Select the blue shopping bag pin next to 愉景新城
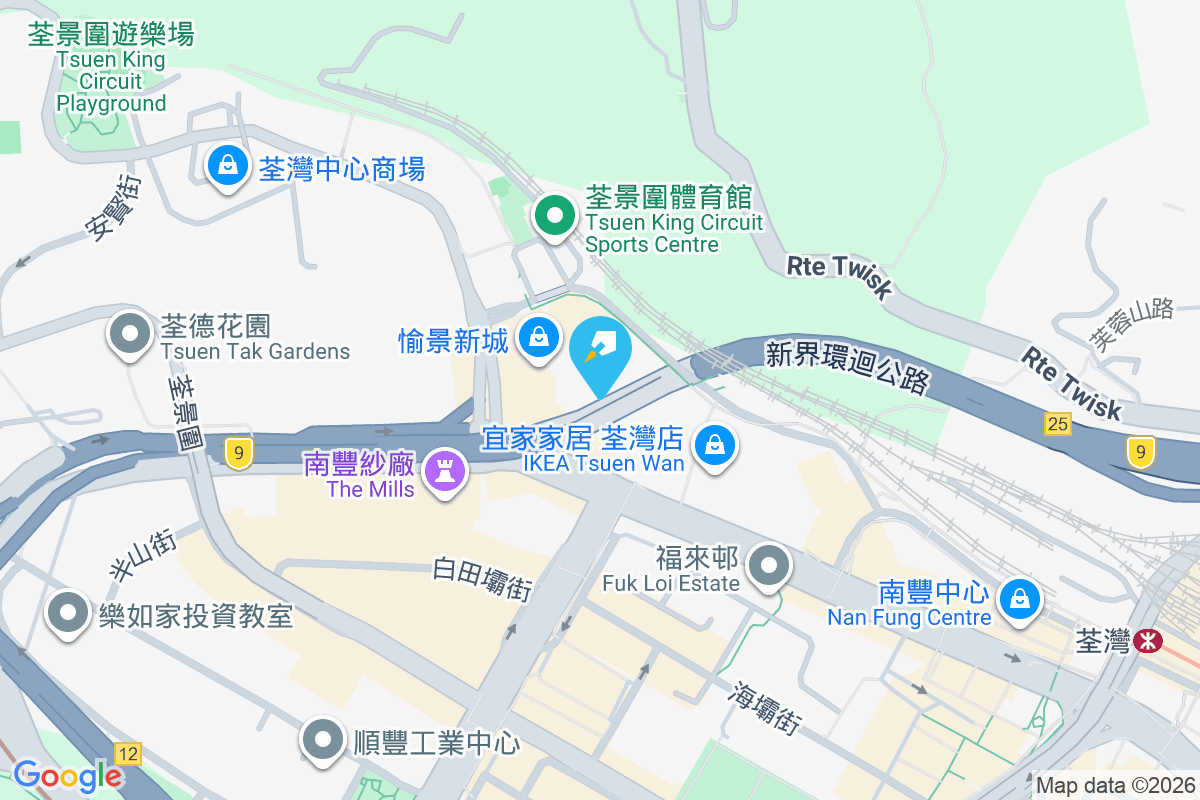540,337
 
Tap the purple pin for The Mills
446,471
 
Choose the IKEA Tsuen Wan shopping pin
715,446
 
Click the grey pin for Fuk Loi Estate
769,565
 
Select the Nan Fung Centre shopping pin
1020,600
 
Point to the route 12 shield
128,753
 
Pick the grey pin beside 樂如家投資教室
68,612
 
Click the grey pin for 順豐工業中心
322,741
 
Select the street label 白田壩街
481,578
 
